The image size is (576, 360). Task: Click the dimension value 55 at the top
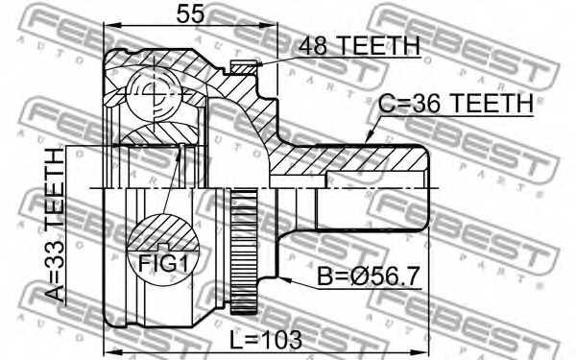(188, 14)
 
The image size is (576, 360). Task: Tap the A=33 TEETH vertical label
(56, 228)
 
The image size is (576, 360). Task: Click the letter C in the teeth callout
(384, 103)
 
